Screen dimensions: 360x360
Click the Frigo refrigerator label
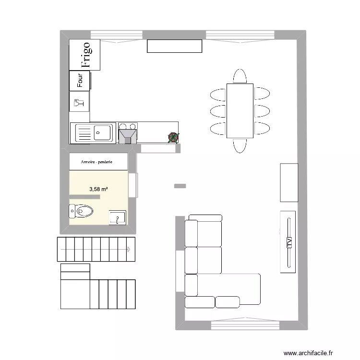(85, 54)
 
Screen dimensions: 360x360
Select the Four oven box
(80, 81)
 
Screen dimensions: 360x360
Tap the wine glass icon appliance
(80, 102)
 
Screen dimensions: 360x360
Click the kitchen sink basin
(102, 132)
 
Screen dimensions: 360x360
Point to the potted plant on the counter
(173, 137)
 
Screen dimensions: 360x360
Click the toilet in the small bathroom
(81, 210)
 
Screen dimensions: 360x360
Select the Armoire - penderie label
(98, 162)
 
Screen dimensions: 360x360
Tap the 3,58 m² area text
(98, 189)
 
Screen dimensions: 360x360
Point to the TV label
(289, 242)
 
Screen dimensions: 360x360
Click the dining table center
(240, 110)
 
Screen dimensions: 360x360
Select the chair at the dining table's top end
(240, 76)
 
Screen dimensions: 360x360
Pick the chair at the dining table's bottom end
(240, 145)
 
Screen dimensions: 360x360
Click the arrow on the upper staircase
(129, 250)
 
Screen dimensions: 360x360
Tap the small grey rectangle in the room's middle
(180, 185)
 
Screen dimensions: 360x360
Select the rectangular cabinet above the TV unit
(289, 183)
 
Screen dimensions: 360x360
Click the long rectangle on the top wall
(174, 46)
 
